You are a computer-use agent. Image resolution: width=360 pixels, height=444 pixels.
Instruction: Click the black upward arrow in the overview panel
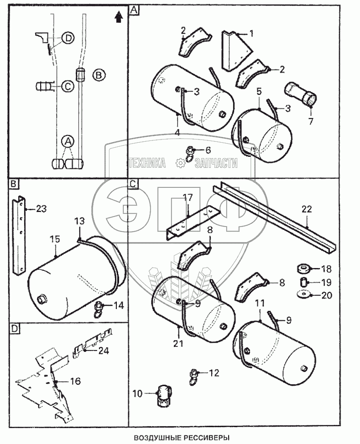pos(119,17)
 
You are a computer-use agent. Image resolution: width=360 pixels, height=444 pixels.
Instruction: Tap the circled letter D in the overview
pos(68,38)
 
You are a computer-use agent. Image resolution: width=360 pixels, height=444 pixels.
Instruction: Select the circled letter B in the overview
pos(99,75)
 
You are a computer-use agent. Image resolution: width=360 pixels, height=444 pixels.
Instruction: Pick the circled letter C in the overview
pos(68,86)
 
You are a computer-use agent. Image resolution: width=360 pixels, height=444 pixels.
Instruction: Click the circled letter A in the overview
pos(68,141)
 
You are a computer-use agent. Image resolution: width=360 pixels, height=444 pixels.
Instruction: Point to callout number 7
pos(311,121)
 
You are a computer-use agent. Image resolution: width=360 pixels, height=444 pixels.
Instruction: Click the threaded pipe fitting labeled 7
pos(301,94)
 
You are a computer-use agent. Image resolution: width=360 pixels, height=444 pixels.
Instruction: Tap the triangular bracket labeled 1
pos(237,50)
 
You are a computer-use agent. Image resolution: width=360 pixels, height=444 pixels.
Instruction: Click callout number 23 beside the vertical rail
pos(41,209)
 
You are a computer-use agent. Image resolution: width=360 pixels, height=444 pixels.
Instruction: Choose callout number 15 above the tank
pos(55,239)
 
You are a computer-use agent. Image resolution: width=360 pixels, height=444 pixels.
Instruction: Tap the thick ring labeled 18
pos(303,268)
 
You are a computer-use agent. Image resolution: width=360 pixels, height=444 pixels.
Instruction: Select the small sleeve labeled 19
pos(304,282)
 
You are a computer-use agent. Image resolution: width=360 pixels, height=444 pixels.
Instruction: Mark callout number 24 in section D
pos(104,351)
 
